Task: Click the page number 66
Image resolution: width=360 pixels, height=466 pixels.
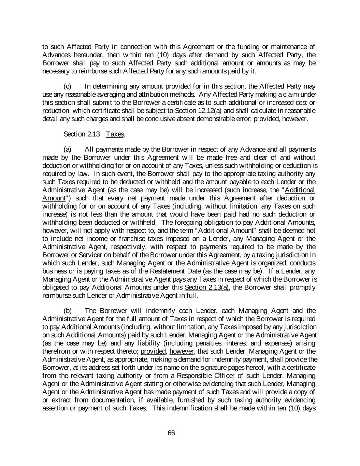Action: click(x=171, y=433)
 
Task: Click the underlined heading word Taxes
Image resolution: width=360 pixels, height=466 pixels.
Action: click(x=115, y=134)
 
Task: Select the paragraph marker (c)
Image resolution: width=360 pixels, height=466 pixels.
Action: click(x=68, y=86)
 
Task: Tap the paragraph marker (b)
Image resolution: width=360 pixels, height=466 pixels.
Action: click(x=68, y=311)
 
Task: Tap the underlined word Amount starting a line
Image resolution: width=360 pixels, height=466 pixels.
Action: click(x=54, y=198)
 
